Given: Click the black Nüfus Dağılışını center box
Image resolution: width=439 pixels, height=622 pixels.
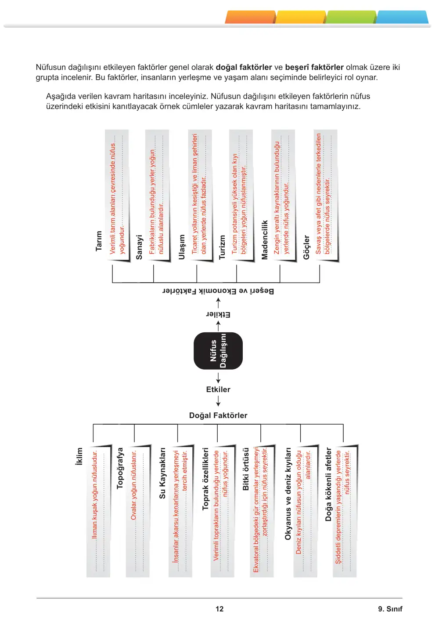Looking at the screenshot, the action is (218, 351).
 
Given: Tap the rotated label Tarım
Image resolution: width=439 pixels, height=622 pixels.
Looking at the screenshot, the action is (99, 241).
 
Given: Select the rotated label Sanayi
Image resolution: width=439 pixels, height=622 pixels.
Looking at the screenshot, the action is (139, 247).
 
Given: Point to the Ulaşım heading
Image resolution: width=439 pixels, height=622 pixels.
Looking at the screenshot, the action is (181, 247).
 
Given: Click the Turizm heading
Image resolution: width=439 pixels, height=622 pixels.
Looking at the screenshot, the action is (222, 247).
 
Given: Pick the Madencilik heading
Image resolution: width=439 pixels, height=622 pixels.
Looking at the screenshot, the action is (265, 240).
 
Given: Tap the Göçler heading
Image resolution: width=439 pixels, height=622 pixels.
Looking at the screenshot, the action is (306, 247).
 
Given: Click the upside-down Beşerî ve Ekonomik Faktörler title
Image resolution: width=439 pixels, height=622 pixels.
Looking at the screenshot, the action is (218, 291).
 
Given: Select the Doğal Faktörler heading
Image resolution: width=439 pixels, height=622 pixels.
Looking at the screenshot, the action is (218, 415).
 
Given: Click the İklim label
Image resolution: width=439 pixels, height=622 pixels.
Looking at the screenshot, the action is (79, 456).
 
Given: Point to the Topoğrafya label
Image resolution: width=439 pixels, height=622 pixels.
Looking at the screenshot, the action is (119, 468).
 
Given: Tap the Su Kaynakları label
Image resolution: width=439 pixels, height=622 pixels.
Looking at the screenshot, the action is (162, 473).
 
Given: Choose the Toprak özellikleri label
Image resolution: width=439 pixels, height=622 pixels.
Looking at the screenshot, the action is (205, 479).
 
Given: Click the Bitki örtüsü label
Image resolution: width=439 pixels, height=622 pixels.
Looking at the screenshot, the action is (246, 469).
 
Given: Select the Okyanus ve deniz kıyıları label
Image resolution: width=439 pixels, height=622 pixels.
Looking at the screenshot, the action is (288, 494).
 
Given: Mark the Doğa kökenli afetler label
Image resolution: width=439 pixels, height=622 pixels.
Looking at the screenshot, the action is (328, 484).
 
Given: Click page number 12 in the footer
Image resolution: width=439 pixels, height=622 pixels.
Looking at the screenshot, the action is (219, 609).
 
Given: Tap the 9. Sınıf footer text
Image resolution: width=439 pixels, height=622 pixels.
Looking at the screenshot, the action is (390, 609).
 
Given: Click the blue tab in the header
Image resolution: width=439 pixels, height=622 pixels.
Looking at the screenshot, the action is (403, 17).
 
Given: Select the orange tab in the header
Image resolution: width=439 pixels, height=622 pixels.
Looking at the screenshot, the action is (251, 17).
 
